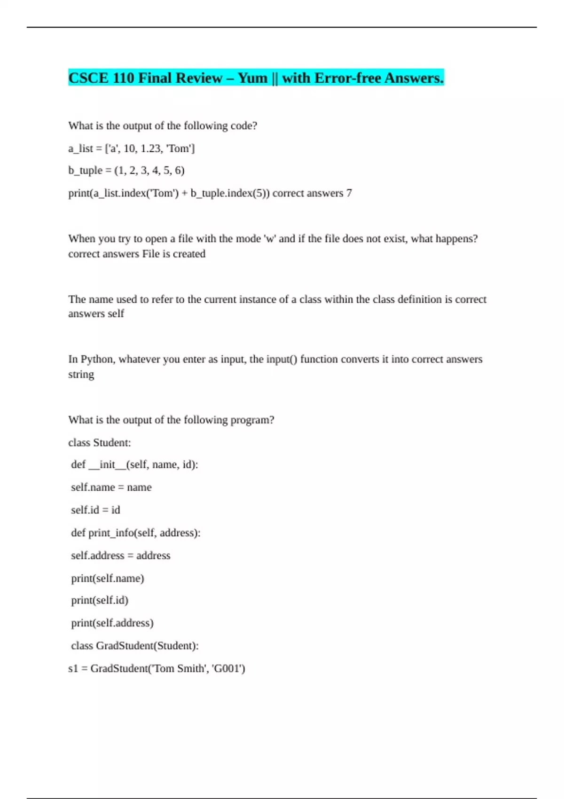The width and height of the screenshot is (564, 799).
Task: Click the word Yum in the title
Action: (252, 78)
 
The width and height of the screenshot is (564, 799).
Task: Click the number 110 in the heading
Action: (124, 78)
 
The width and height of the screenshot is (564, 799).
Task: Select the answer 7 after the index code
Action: (349, 193)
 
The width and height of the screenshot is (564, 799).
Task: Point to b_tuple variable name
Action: (85, 171)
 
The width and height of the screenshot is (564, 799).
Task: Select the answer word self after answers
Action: (116, 313)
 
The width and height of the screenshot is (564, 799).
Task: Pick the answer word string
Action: (81, 375)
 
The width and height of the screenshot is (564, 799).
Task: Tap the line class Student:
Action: (100, 443)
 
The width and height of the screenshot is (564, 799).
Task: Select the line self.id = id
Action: (95, 510)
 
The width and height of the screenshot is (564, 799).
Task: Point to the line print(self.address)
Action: (112, 623)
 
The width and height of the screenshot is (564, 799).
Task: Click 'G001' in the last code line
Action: (228, 669)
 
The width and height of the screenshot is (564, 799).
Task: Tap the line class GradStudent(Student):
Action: (135, 646)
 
